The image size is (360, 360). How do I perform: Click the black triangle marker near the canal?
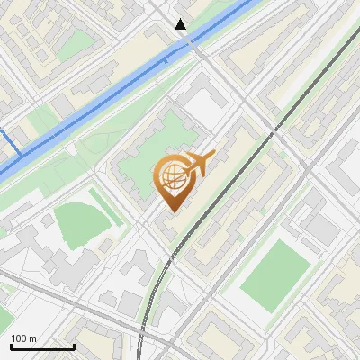[181, 24]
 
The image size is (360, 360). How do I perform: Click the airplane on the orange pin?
[197, 164]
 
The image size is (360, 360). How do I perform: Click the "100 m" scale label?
[24, 338]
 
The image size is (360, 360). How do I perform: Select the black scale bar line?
[42, 347]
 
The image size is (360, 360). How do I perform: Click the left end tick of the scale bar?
[11, 346]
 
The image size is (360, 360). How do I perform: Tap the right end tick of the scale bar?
[74, 346]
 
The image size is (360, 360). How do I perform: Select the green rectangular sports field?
[274, 274]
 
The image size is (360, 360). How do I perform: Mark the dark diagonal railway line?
[270, 135]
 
